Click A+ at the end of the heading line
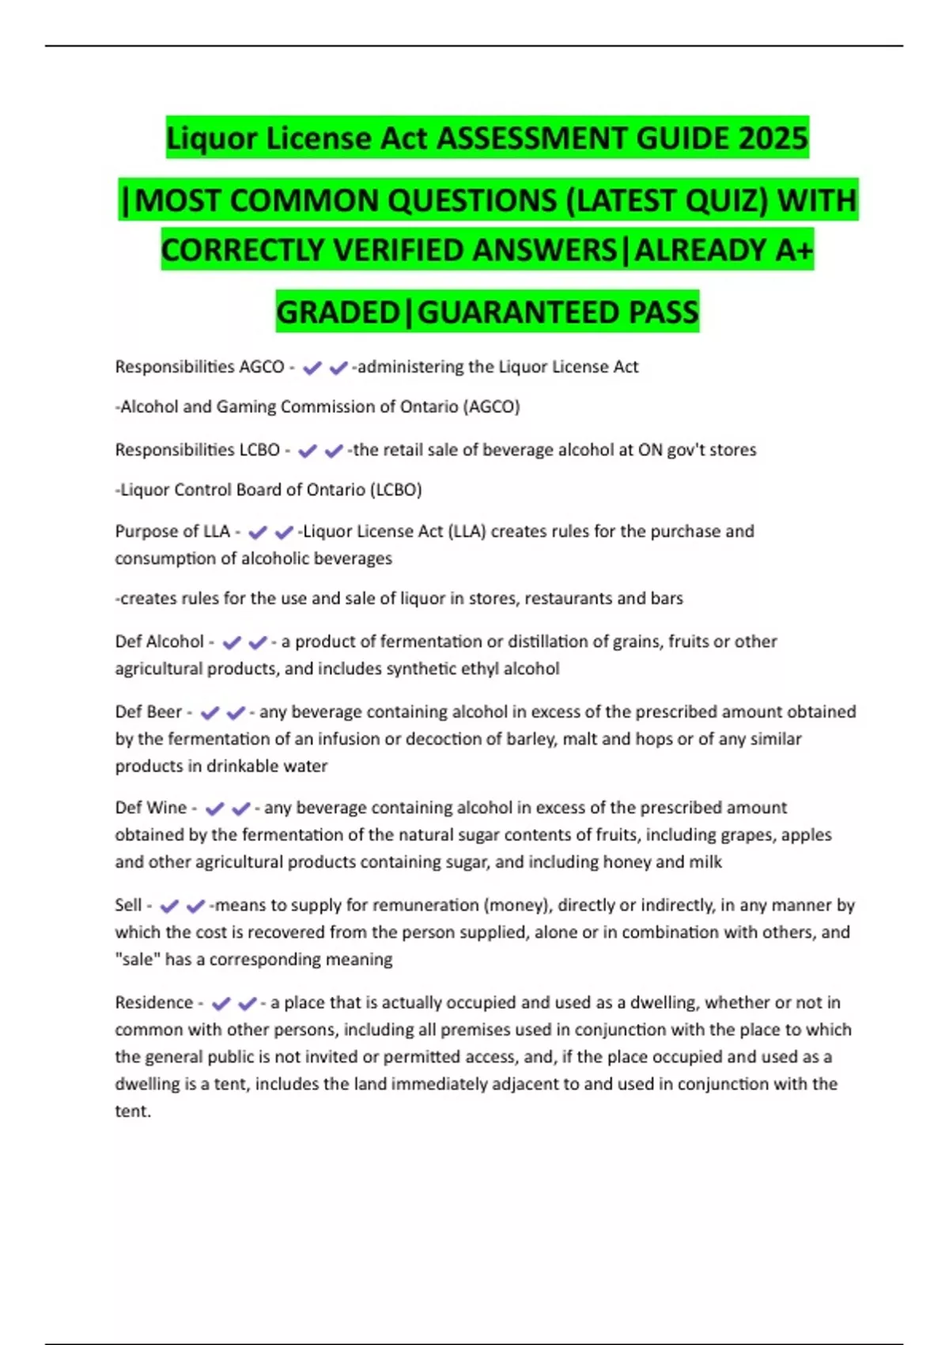click(x=793, y=250)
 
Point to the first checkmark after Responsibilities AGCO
click(x=312, y=368)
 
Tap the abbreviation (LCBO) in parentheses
click(x=395, y=490)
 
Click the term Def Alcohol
click(x=159, y=641)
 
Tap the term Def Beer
click(x=148, y=711)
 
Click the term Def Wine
click(x=150, y=808)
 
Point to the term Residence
click(x=153, y=1002)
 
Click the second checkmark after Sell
click(x=195, y=907)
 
